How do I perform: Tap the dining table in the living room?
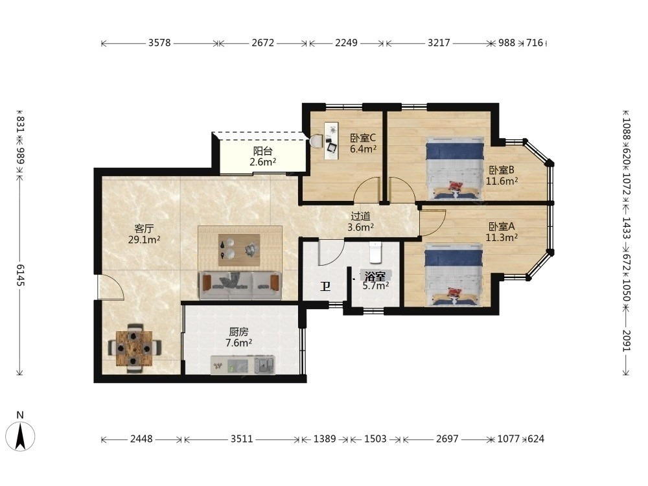(x=134, y=349)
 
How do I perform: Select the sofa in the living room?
(x=240, y=285)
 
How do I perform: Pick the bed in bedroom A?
(x=454, y=275)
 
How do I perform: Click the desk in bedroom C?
(x=331, y=141)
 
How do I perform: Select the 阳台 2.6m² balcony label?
(x=263, y=157)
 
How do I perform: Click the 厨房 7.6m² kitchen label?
(x=239, y=337)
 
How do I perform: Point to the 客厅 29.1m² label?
(x=144, y=234)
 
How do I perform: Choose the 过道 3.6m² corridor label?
(x=360, y=222)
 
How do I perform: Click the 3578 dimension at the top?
(x=159, y=43)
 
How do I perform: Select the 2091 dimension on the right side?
(x=626, y=341)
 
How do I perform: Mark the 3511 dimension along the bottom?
(x=242, y=439)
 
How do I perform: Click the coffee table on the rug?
(x=239, y=250)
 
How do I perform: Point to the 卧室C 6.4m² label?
(x=363, y=143)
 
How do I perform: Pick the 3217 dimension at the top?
(x=439, y=43)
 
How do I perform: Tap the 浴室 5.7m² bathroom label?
(x=375, y=281)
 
